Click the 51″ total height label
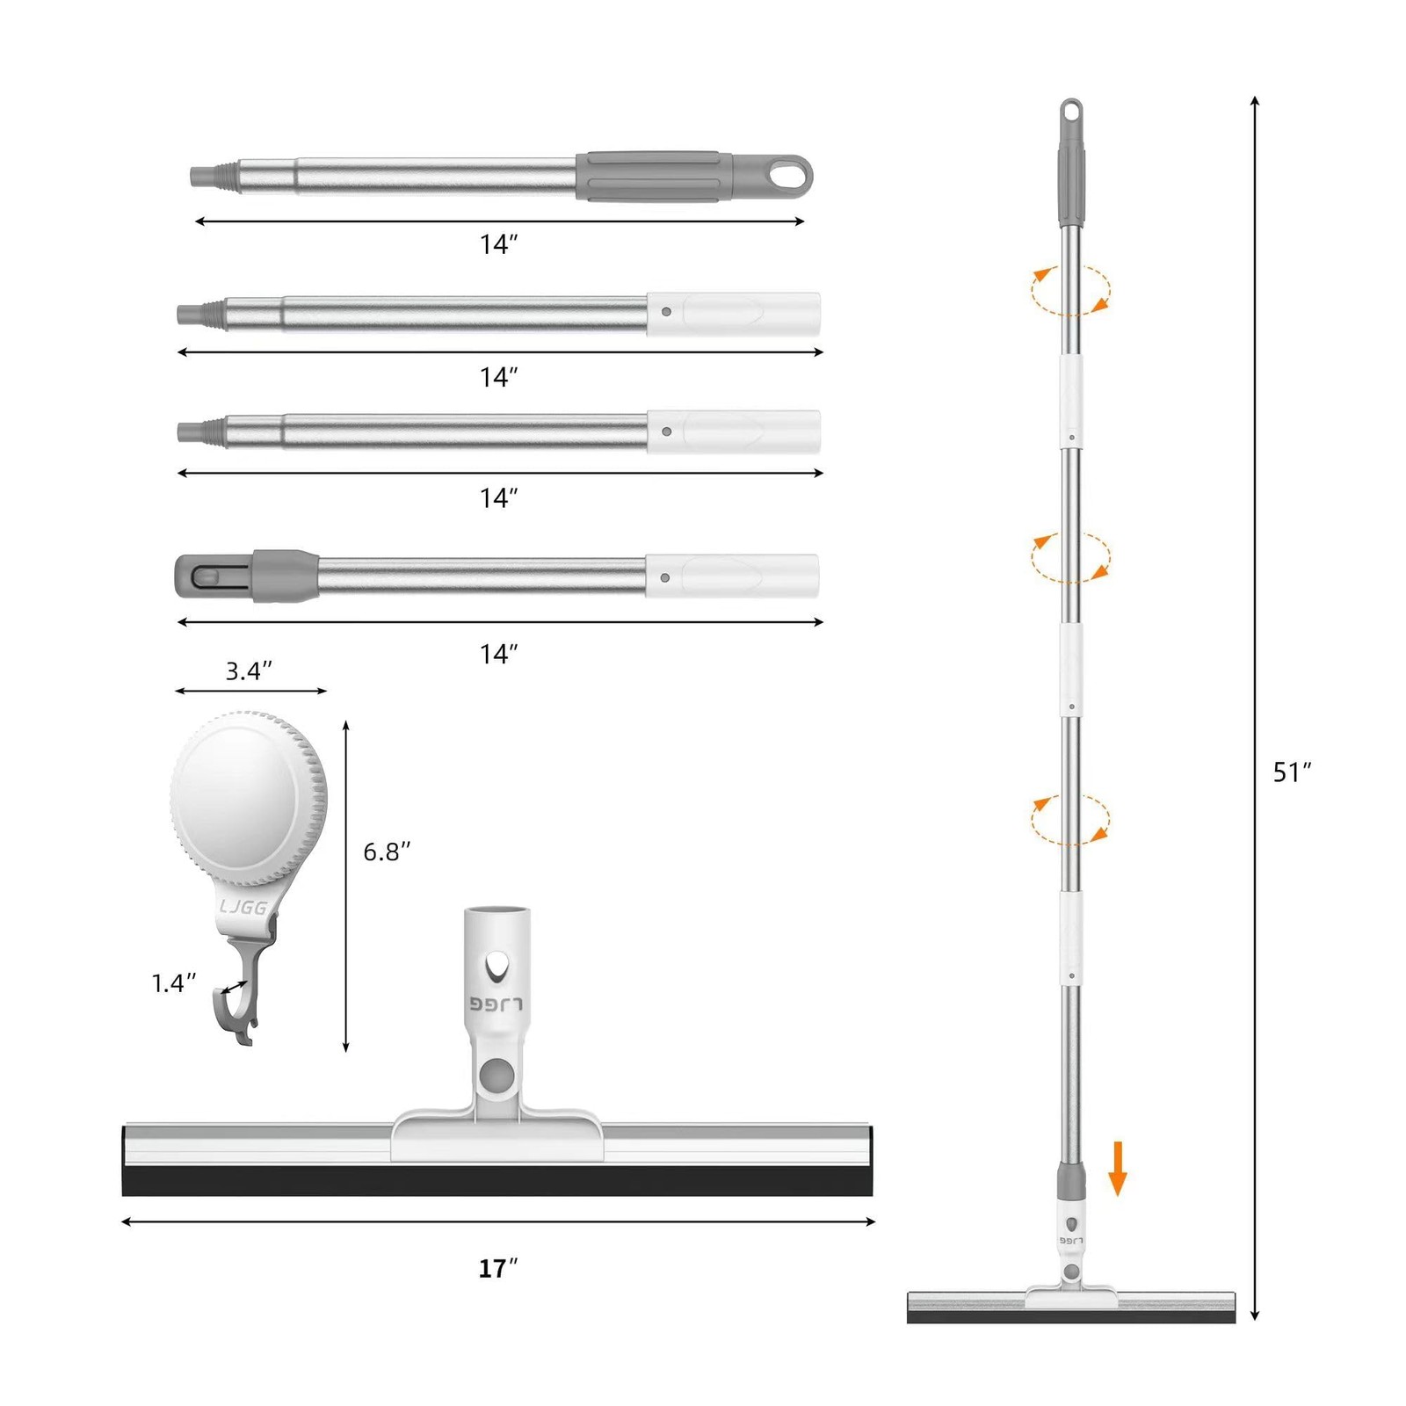coord(1292,772)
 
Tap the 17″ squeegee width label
coord(497,1268)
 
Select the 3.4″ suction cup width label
coord(249,670)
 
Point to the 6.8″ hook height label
coord(387,851)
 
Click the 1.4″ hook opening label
coord(173,982)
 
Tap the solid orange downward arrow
coord(1117,1168)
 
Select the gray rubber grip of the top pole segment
coord(655,176)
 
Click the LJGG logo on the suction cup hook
coord(243,906)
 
